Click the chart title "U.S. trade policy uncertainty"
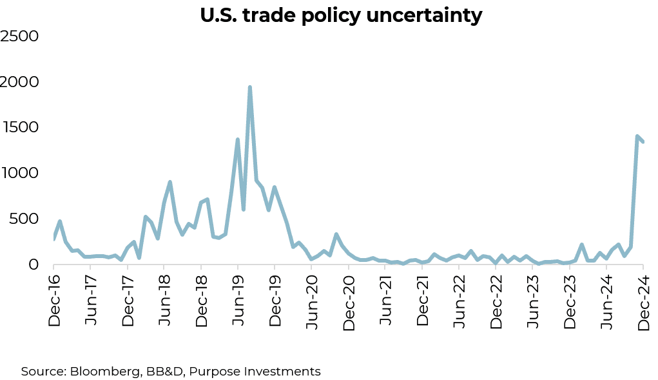tap(341, 15)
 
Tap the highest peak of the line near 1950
tap(249, 87)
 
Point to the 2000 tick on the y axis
tap(20, 82)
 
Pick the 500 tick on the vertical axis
tap(24, 219)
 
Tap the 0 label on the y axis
tap(34, 265)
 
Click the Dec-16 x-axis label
tap(54, 300)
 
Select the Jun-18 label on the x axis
tap(164, 300)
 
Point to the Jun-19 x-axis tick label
tap(238, 300)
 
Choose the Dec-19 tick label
tap(275, 300)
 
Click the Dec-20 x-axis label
tap(349, 300)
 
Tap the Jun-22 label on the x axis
tap(460, 300)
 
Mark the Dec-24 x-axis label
tap(643, 300)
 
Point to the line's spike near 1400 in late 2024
tap(637, 137)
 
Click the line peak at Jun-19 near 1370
tap(238, 139)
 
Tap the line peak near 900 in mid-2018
tap(169, 182)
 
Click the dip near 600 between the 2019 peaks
tap(244, 209)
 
